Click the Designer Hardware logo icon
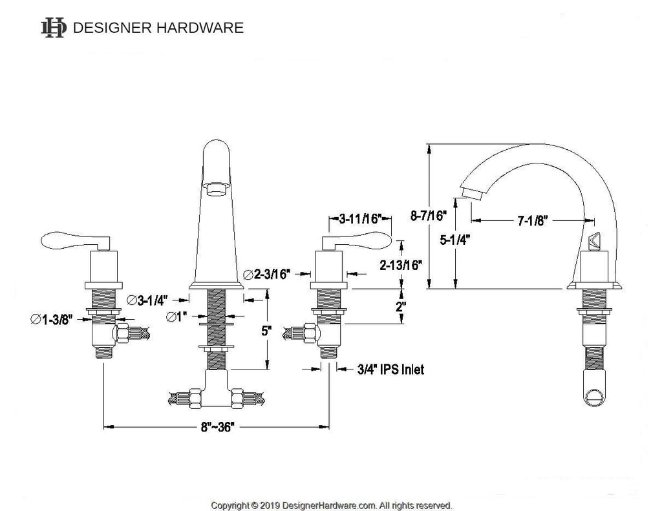pos(53,27)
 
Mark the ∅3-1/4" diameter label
pos(148,300)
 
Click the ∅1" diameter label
pos(175,317)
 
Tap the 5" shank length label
pos(266,331)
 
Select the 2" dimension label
pos(401,307)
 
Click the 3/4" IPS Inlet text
pos(390,370)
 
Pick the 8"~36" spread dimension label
pos(216,426)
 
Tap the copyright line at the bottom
pos(332,505)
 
